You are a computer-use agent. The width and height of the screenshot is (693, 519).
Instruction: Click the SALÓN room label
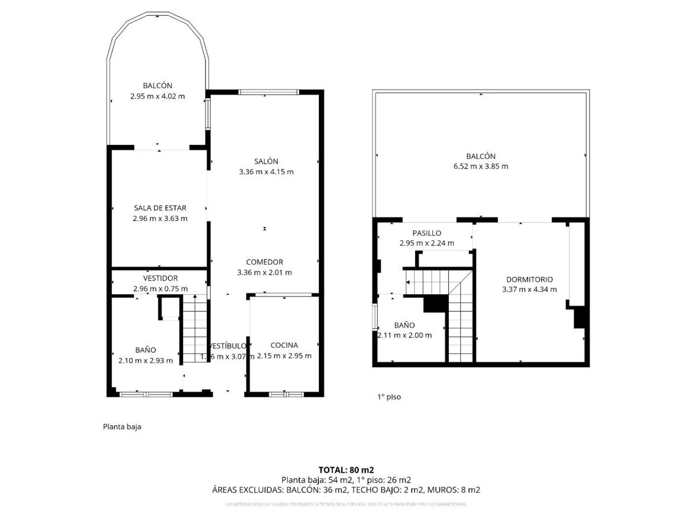[266, 161]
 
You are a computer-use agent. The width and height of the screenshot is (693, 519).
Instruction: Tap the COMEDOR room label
[264, 262]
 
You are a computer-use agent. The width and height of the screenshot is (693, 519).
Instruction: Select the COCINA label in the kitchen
[284, 345]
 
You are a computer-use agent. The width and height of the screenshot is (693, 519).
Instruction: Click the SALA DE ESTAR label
[160, 208]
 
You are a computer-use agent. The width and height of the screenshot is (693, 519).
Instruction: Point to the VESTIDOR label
[160, 278]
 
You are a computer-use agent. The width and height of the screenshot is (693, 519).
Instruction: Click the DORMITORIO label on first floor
[529, 279]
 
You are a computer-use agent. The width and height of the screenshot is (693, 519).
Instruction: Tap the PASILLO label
[427, 233]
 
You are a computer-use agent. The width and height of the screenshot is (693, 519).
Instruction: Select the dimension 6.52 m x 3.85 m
[480, 167]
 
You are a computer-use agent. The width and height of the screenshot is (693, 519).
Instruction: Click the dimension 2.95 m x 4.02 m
[158, 96]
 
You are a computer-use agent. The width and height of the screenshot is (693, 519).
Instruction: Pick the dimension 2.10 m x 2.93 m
[145, 360]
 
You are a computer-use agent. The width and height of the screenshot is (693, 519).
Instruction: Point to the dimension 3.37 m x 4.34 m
[529, 289]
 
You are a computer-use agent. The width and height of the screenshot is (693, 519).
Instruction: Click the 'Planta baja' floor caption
[122, 427]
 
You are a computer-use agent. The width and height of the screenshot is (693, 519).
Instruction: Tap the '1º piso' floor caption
[389, 397]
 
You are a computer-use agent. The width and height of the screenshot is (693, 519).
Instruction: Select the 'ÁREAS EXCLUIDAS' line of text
[346, 490]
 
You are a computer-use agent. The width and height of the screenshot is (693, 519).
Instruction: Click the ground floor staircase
[195, 329]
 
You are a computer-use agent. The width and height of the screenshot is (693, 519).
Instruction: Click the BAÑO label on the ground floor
[146, 349]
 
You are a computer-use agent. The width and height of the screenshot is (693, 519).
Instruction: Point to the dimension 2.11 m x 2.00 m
[405, 336]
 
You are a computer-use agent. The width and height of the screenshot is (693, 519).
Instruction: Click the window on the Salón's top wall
[269, 92]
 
